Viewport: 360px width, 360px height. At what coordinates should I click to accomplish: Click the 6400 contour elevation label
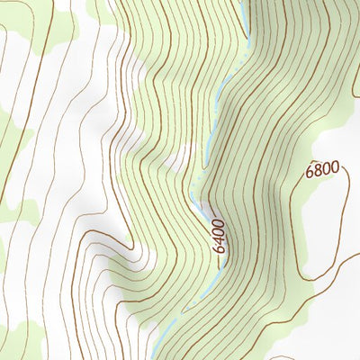tap(220, 236)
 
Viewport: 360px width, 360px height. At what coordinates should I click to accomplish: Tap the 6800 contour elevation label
tap(322, 168)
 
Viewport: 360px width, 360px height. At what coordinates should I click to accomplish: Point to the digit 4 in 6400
tap(220, 240)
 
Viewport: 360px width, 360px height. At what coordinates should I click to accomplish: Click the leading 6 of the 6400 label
tap(220, 248)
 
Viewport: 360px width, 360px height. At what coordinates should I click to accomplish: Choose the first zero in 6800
tap(326, 168)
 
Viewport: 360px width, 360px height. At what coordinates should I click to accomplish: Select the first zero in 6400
tap(220, 231)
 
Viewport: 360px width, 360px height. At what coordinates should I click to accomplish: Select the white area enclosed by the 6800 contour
tap(324, 216)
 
